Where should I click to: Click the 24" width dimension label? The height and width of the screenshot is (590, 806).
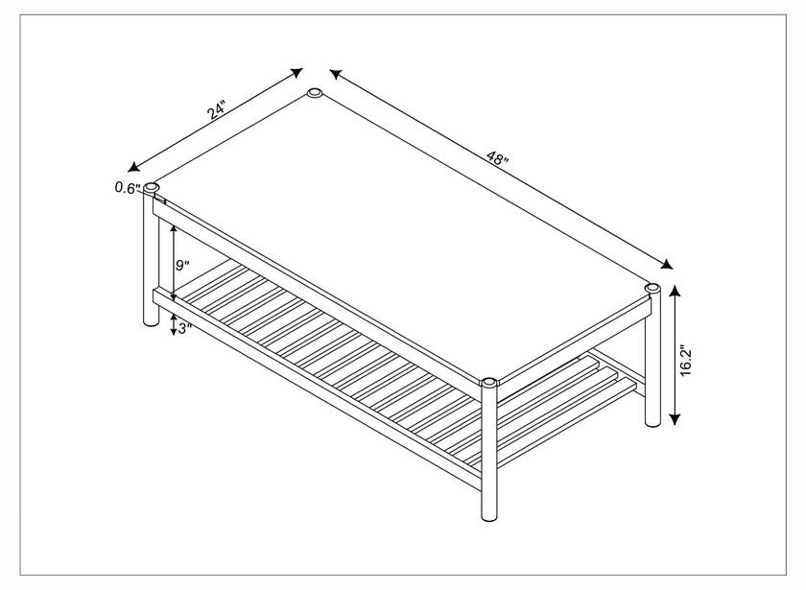click(x=217, y=110)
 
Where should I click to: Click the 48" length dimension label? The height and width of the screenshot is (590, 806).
click(x=497, y=157)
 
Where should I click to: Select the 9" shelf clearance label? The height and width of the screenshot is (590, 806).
click(x=182, y=266)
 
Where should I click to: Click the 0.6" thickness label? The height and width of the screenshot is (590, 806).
click(x=128, y=188)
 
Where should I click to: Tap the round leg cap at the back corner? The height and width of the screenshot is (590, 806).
click(x=315, y=93)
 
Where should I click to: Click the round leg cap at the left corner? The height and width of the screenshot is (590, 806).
click(x=152, y=188)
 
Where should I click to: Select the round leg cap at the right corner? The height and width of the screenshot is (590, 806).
click(x=652, y=288)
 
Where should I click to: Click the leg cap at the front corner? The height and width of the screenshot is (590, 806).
click(x=488, y=383)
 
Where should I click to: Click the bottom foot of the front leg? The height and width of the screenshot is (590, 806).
click(x=489, y=515)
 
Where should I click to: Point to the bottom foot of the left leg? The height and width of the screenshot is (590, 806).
click(x=152, y=321)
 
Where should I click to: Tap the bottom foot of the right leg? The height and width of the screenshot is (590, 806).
click(x=652, y=422)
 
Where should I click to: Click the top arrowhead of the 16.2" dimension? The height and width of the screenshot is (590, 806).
click(x=676, y=293)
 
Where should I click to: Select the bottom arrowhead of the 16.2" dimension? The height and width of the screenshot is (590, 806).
click(x=676, y=419)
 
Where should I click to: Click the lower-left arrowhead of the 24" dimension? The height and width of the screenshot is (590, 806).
click(x=133, y=167)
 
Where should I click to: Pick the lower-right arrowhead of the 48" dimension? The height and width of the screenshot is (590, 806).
click(x=667, y=264)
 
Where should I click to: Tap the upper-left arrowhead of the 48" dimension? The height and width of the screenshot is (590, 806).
click(x=336, y=74)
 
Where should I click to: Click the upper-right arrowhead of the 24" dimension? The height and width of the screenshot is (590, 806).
click(x=296, y=73)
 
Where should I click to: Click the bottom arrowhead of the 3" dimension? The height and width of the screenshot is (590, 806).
click(x=174, y=331)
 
